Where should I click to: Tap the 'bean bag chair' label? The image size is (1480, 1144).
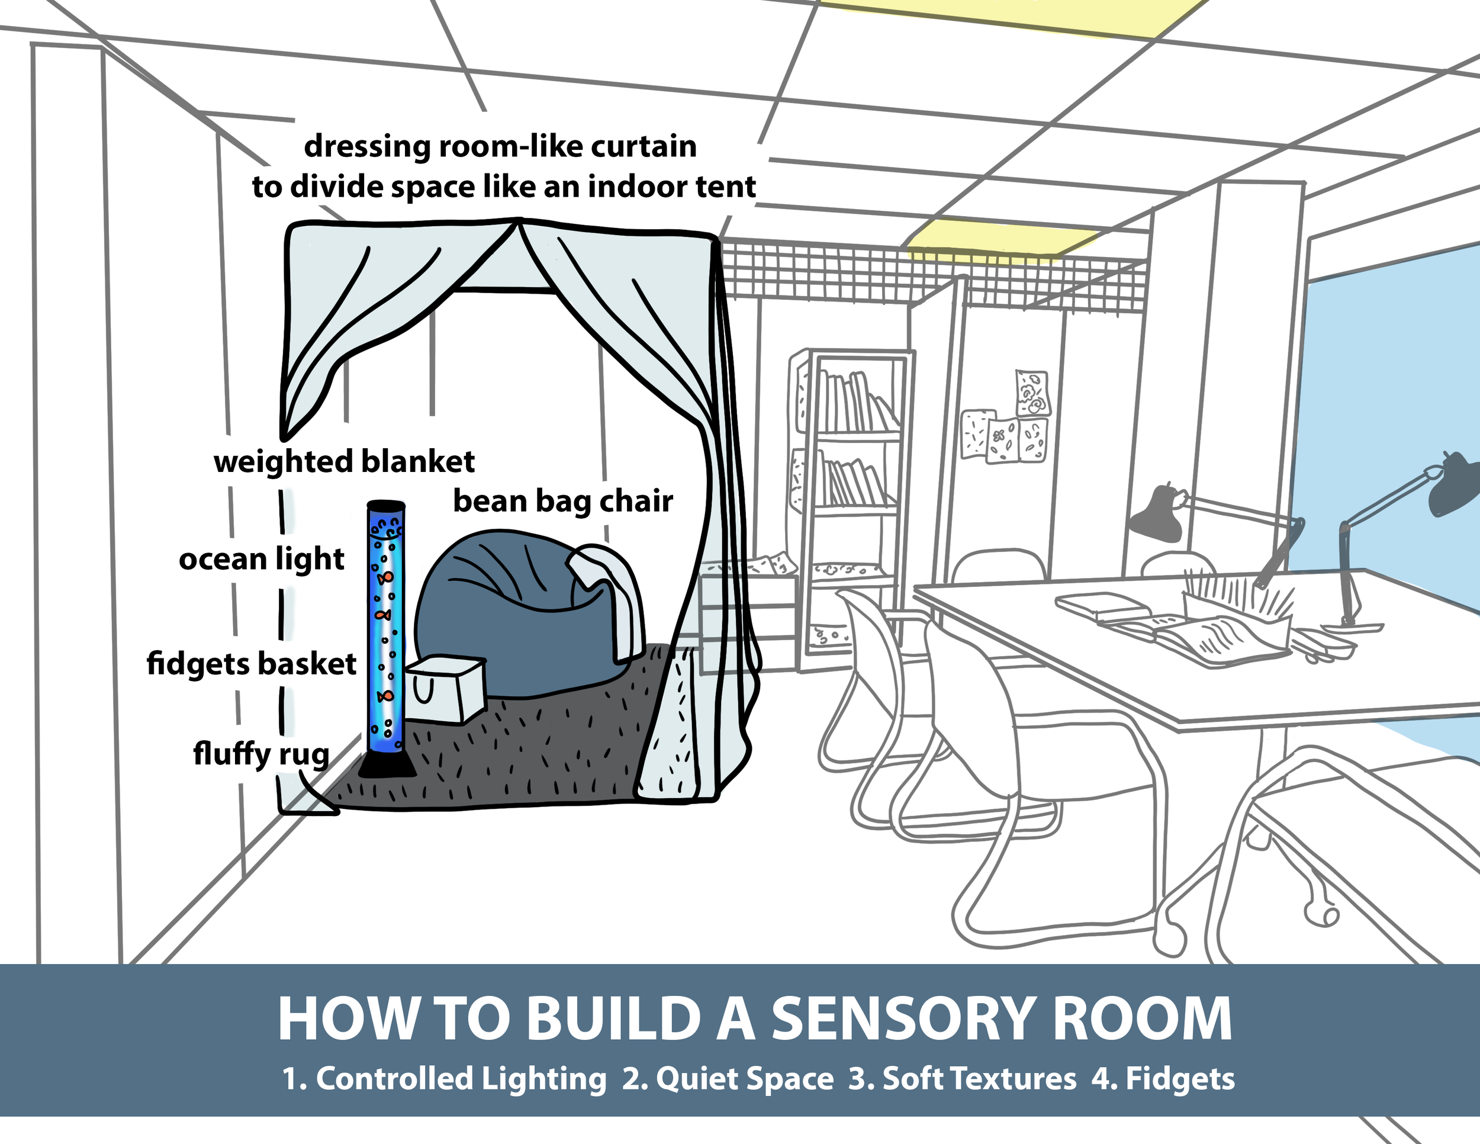point(562,502)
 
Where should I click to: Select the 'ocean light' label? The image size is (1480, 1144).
point(261,560)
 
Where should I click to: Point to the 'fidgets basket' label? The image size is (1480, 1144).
point(251,664)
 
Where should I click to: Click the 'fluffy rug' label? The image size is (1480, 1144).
point(261,753)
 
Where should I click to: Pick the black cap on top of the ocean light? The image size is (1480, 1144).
point(385,506)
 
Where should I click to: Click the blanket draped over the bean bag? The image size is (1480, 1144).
point(613,590)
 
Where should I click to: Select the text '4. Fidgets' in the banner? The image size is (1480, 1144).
point(1163,1079)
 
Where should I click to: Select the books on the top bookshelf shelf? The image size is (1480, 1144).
point(854,403)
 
